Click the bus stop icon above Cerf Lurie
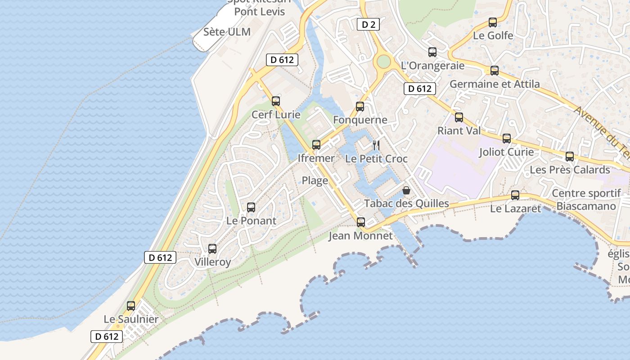tap(276, 101)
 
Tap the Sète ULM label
tap(227, 32)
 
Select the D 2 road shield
tap(369, 24)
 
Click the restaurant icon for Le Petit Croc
tap(377, 145)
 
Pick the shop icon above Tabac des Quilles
tap(406, 190)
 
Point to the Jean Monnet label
tap(360, 236)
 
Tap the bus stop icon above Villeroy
tap(212, 249)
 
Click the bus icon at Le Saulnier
tap(131, 306)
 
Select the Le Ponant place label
tap(251, 220)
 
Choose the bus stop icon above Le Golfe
tap(493, 22)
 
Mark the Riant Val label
tap(459, 130)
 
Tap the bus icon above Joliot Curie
tap(507, 139)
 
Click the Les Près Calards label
tap(570, 170)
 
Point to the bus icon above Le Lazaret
tap(515, 195)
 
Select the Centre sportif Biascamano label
tap(586, 200)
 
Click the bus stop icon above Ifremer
tap(316, 145)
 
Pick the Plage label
tap(315, 180)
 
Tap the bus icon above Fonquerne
tap(360, 107)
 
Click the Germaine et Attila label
tap(495, 84)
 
